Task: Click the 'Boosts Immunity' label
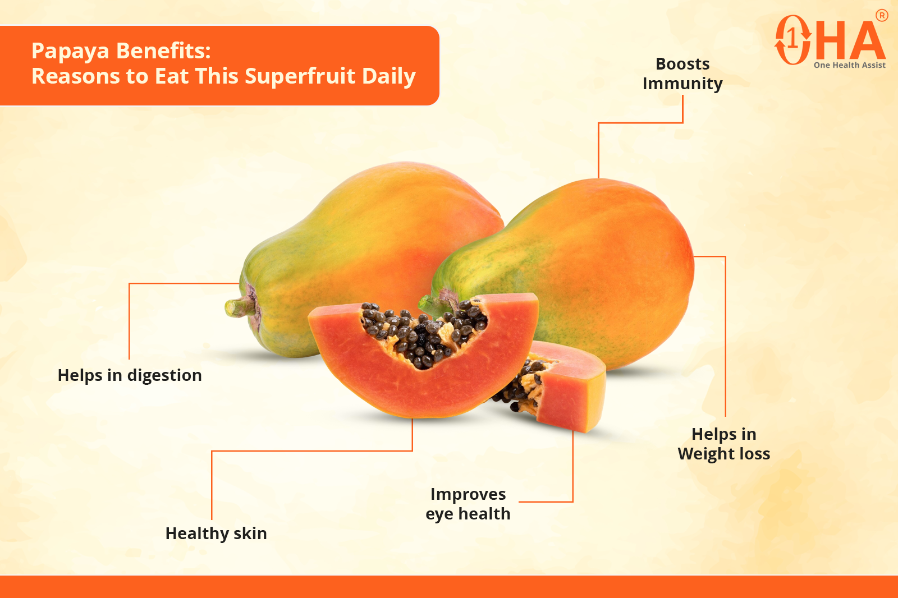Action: (682, 73)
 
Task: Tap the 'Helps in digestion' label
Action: (130, 375)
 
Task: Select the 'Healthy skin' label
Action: (216, 533)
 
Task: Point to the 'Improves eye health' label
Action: (468, 504)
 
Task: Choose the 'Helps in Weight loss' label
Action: (724, 444)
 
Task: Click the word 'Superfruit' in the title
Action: (300, 76)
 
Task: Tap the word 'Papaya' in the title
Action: (70, 51)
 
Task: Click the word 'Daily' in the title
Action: (389, 76)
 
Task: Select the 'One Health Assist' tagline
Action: (850, 65)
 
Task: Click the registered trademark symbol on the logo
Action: (882, 16)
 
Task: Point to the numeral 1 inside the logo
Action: (792, 39)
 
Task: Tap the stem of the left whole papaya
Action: (240, 307)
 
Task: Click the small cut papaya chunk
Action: (553, 387)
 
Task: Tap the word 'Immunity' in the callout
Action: (682, 84)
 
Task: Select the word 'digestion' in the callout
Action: (164, 376)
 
